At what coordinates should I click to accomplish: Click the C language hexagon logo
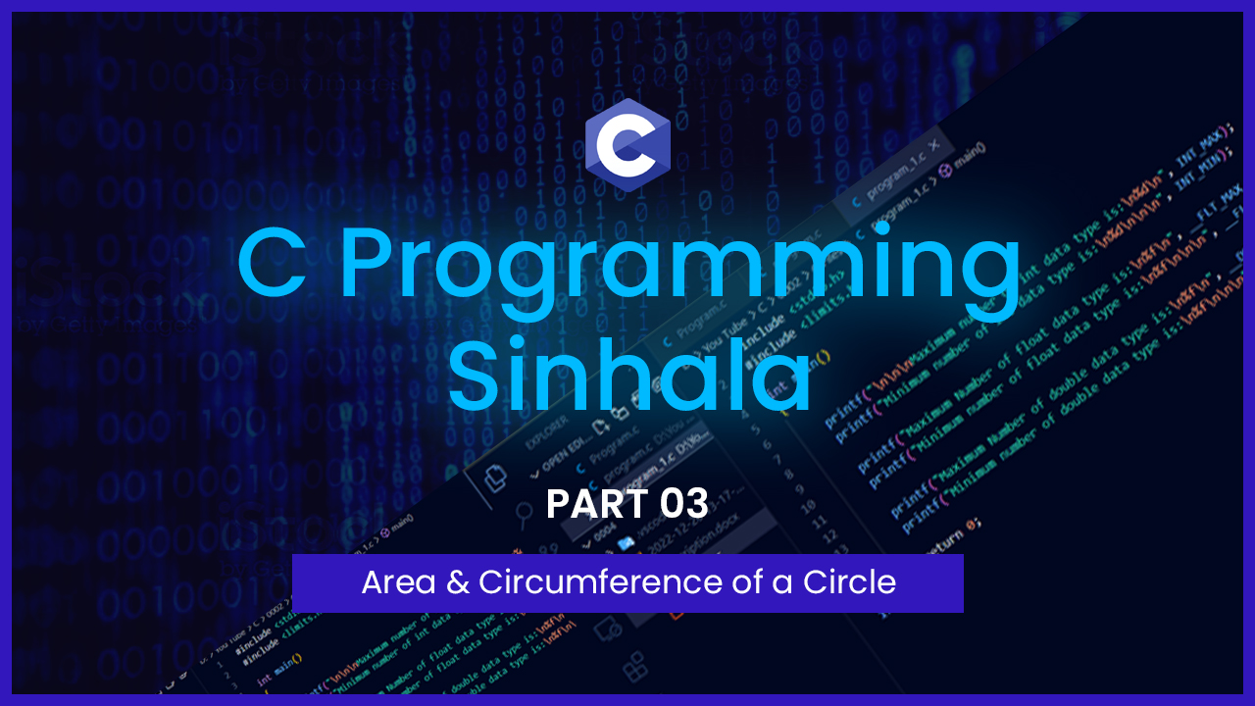pos(627,144)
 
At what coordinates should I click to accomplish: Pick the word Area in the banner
pos(396,582)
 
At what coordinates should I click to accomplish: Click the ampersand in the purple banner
pos(457,582)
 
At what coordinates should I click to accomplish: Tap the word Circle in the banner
pos(849,582)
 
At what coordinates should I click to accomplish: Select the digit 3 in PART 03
pos(697,504)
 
